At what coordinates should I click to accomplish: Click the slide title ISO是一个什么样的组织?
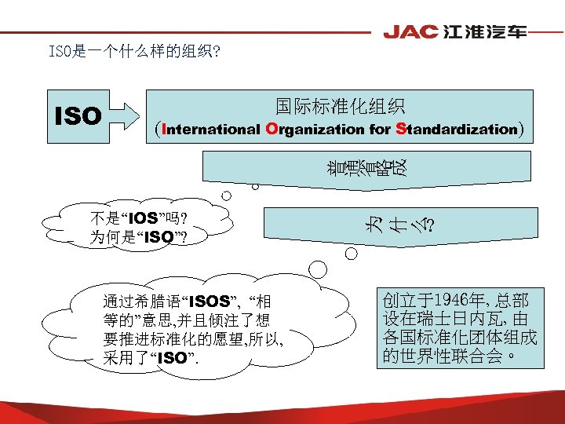click(134, 53)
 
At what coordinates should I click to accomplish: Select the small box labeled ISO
click(78, 117)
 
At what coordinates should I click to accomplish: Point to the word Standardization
click(457, 130)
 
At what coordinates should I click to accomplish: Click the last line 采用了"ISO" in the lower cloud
click(149, 359)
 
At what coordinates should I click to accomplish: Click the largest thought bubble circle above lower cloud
click(318, 269)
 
